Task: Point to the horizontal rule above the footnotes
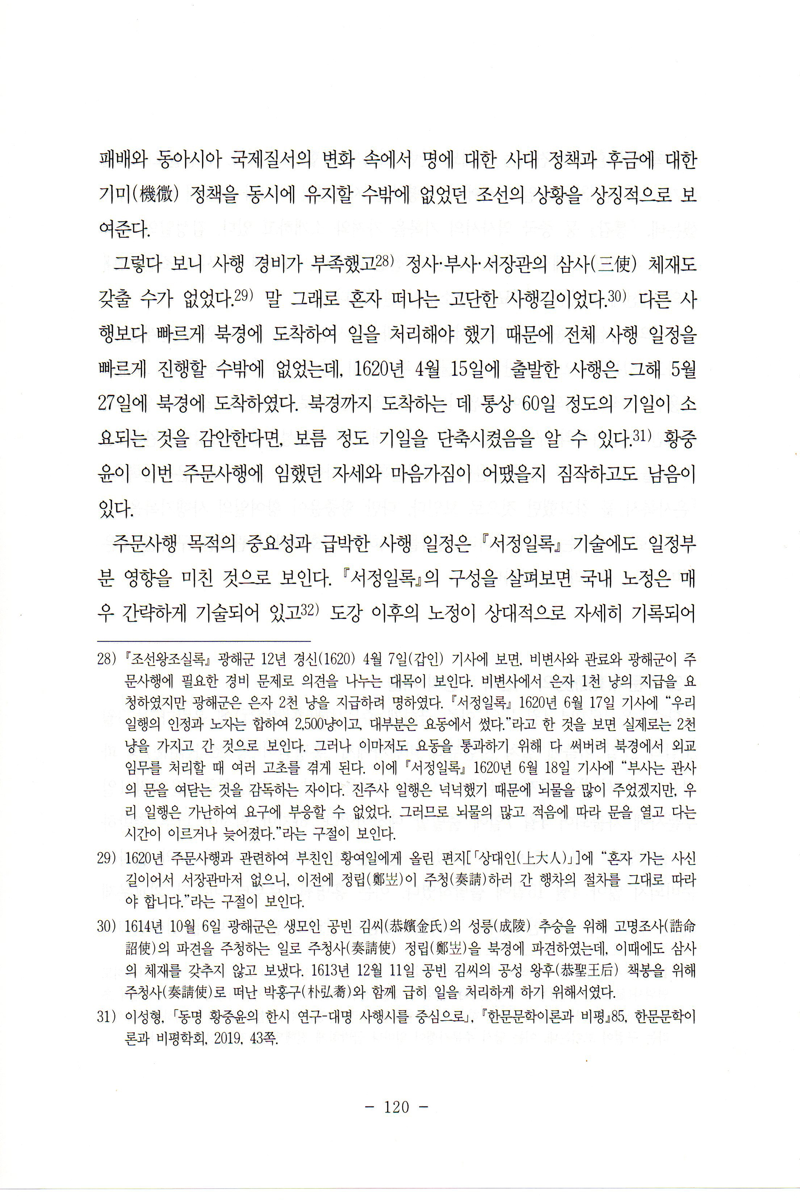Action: click(204, 640)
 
